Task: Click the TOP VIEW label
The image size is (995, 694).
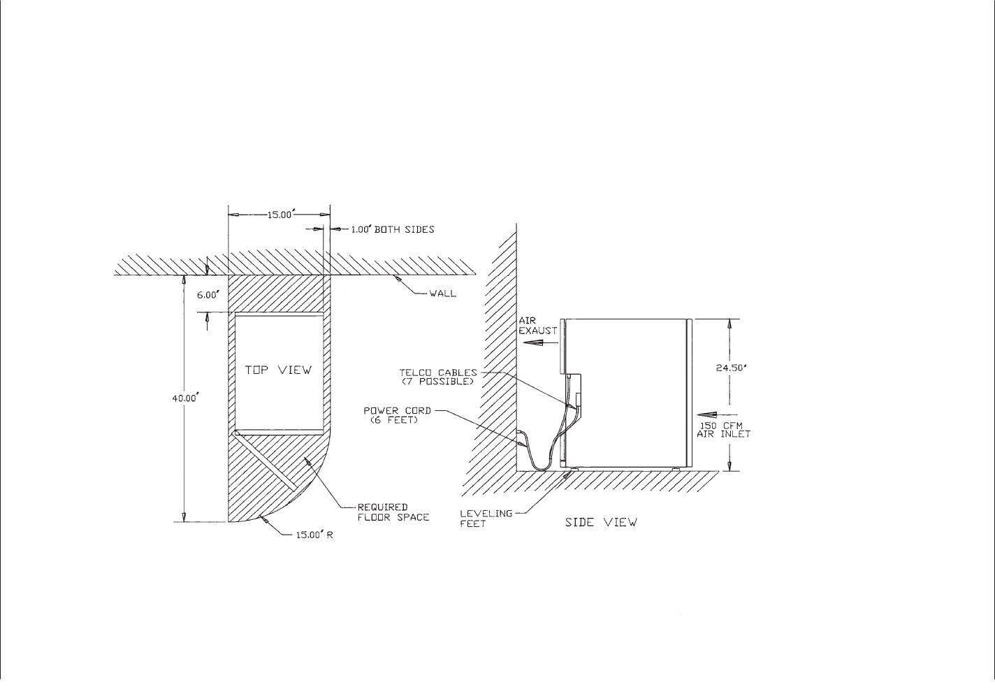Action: pos(279,370)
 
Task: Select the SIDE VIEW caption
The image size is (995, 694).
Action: pos(601,522)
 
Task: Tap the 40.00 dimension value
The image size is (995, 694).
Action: pos(184,398)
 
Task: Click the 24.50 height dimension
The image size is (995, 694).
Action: pos(732,368)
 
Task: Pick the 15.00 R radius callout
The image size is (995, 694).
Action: pos(314,535)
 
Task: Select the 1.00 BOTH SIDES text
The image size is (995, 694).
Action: pos(393,229)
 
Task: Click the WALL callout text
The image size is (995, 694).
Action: pos(442,294)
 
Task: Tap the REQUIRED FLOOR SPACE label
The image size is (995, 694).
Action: pos(393,512)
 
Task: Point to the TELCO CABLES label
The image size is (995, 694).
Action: pos(438,373)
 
